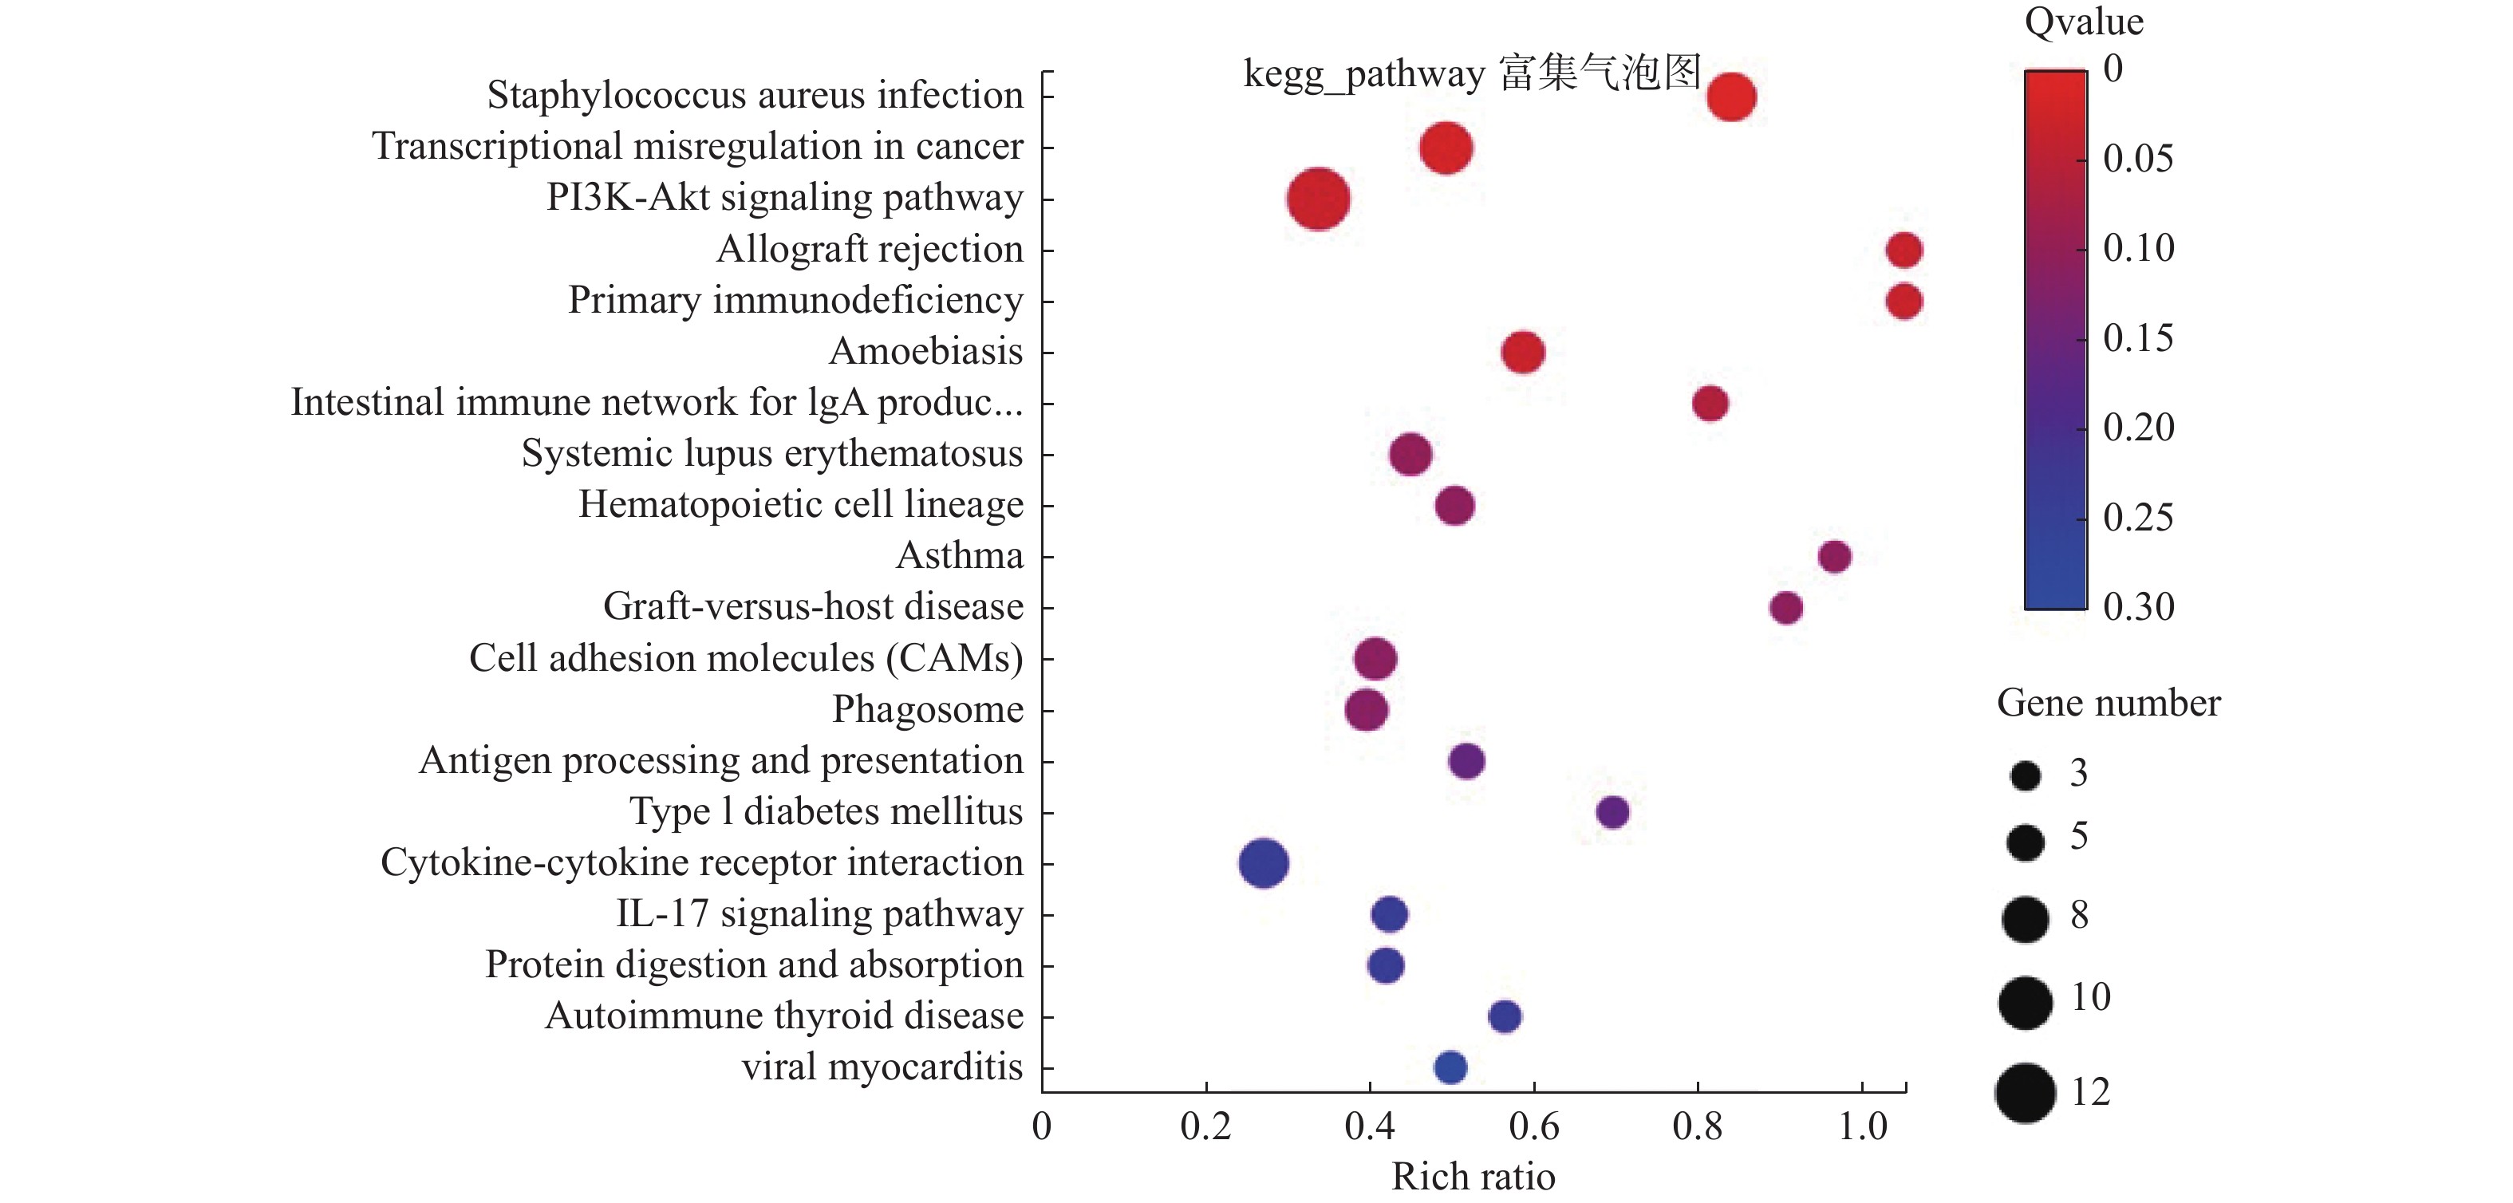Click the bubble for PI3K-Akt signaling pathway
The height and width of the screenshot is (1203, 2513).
point(1318,199)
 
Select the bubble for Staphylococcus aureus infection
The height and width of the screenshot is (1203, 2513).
point(1732,97)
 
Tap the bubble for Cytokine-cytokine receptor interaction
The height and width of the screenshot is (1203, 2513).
point(1264,862)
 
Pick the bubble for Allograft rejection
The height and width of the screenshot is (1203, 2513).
point(1903,250)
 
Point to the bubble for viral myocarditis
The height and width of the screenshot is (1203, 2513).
point(1450,1067)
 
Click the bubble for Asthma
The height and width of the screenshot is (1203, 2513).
point(1834,556)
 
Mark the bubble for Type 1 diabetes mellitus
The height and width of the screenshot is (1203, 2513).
point(1612,812)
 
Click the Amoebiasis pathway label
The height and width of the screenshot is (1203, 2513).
point(925,351)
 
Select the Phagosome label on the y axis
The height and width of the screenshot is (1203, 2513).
point(928,709)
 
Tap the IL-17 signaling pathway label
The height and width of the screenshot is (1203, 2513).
point(819,913)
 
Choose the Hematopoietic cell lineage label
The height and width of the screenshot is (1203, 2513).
point(801,504)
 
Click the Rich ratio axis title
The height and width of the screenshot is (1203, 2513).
point(1473,1177)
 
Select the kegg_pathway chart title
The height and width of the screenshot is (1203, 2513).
point(1472,73)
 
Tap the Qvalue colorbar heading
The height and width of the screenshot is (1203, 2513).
point(2084,22)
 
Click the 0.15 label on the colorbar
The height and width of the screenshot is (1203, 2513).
point(2137,337)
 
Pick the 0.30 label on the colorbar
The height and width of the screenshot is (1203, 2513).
point(2138,607)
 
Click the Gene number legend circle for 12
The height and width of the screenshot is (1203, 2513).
point(2026,1093)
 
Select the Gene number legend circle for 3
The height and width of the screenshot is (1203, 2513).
point(2026,775)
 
